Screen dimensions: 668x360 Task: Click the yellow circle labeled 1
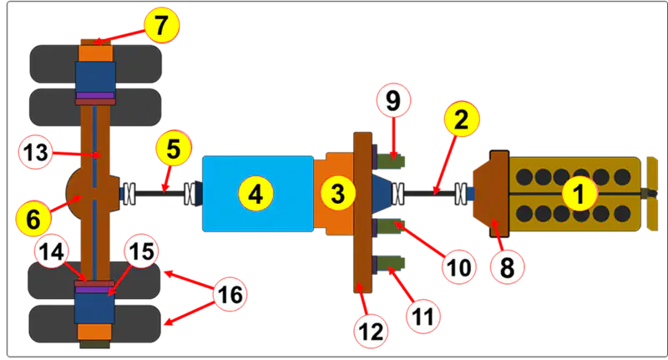579,194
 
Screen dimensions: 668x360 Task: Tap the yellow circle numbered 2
462,119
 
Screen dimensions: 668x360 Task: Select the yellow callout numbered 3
338,194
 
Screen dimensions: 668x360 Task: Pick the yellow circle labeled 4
256,194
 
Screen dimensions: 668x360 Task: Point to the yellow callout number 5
174,149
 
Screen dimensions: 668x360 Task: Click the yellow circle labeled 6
33,219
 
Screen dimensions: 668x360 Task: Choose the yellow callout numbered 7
161,25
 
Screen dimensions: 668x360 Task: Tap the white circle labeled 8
507,267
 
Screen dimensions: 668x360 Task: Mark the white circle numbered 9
393,100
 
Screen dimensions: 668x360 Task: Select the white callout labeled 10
459,267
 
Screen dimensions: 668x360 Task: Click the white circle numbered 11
423,316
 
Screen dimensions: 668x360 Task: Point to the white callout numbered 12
371,331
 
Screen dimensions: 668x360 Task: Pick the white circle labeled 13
36,152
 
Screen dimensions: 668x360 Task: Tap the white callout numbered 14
52,251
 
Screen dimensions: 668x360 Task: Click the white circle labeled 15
142,251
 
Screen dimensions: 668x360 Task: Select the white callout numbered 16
230,294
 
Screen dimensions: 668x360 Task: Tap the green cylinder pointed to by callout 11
390,263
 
